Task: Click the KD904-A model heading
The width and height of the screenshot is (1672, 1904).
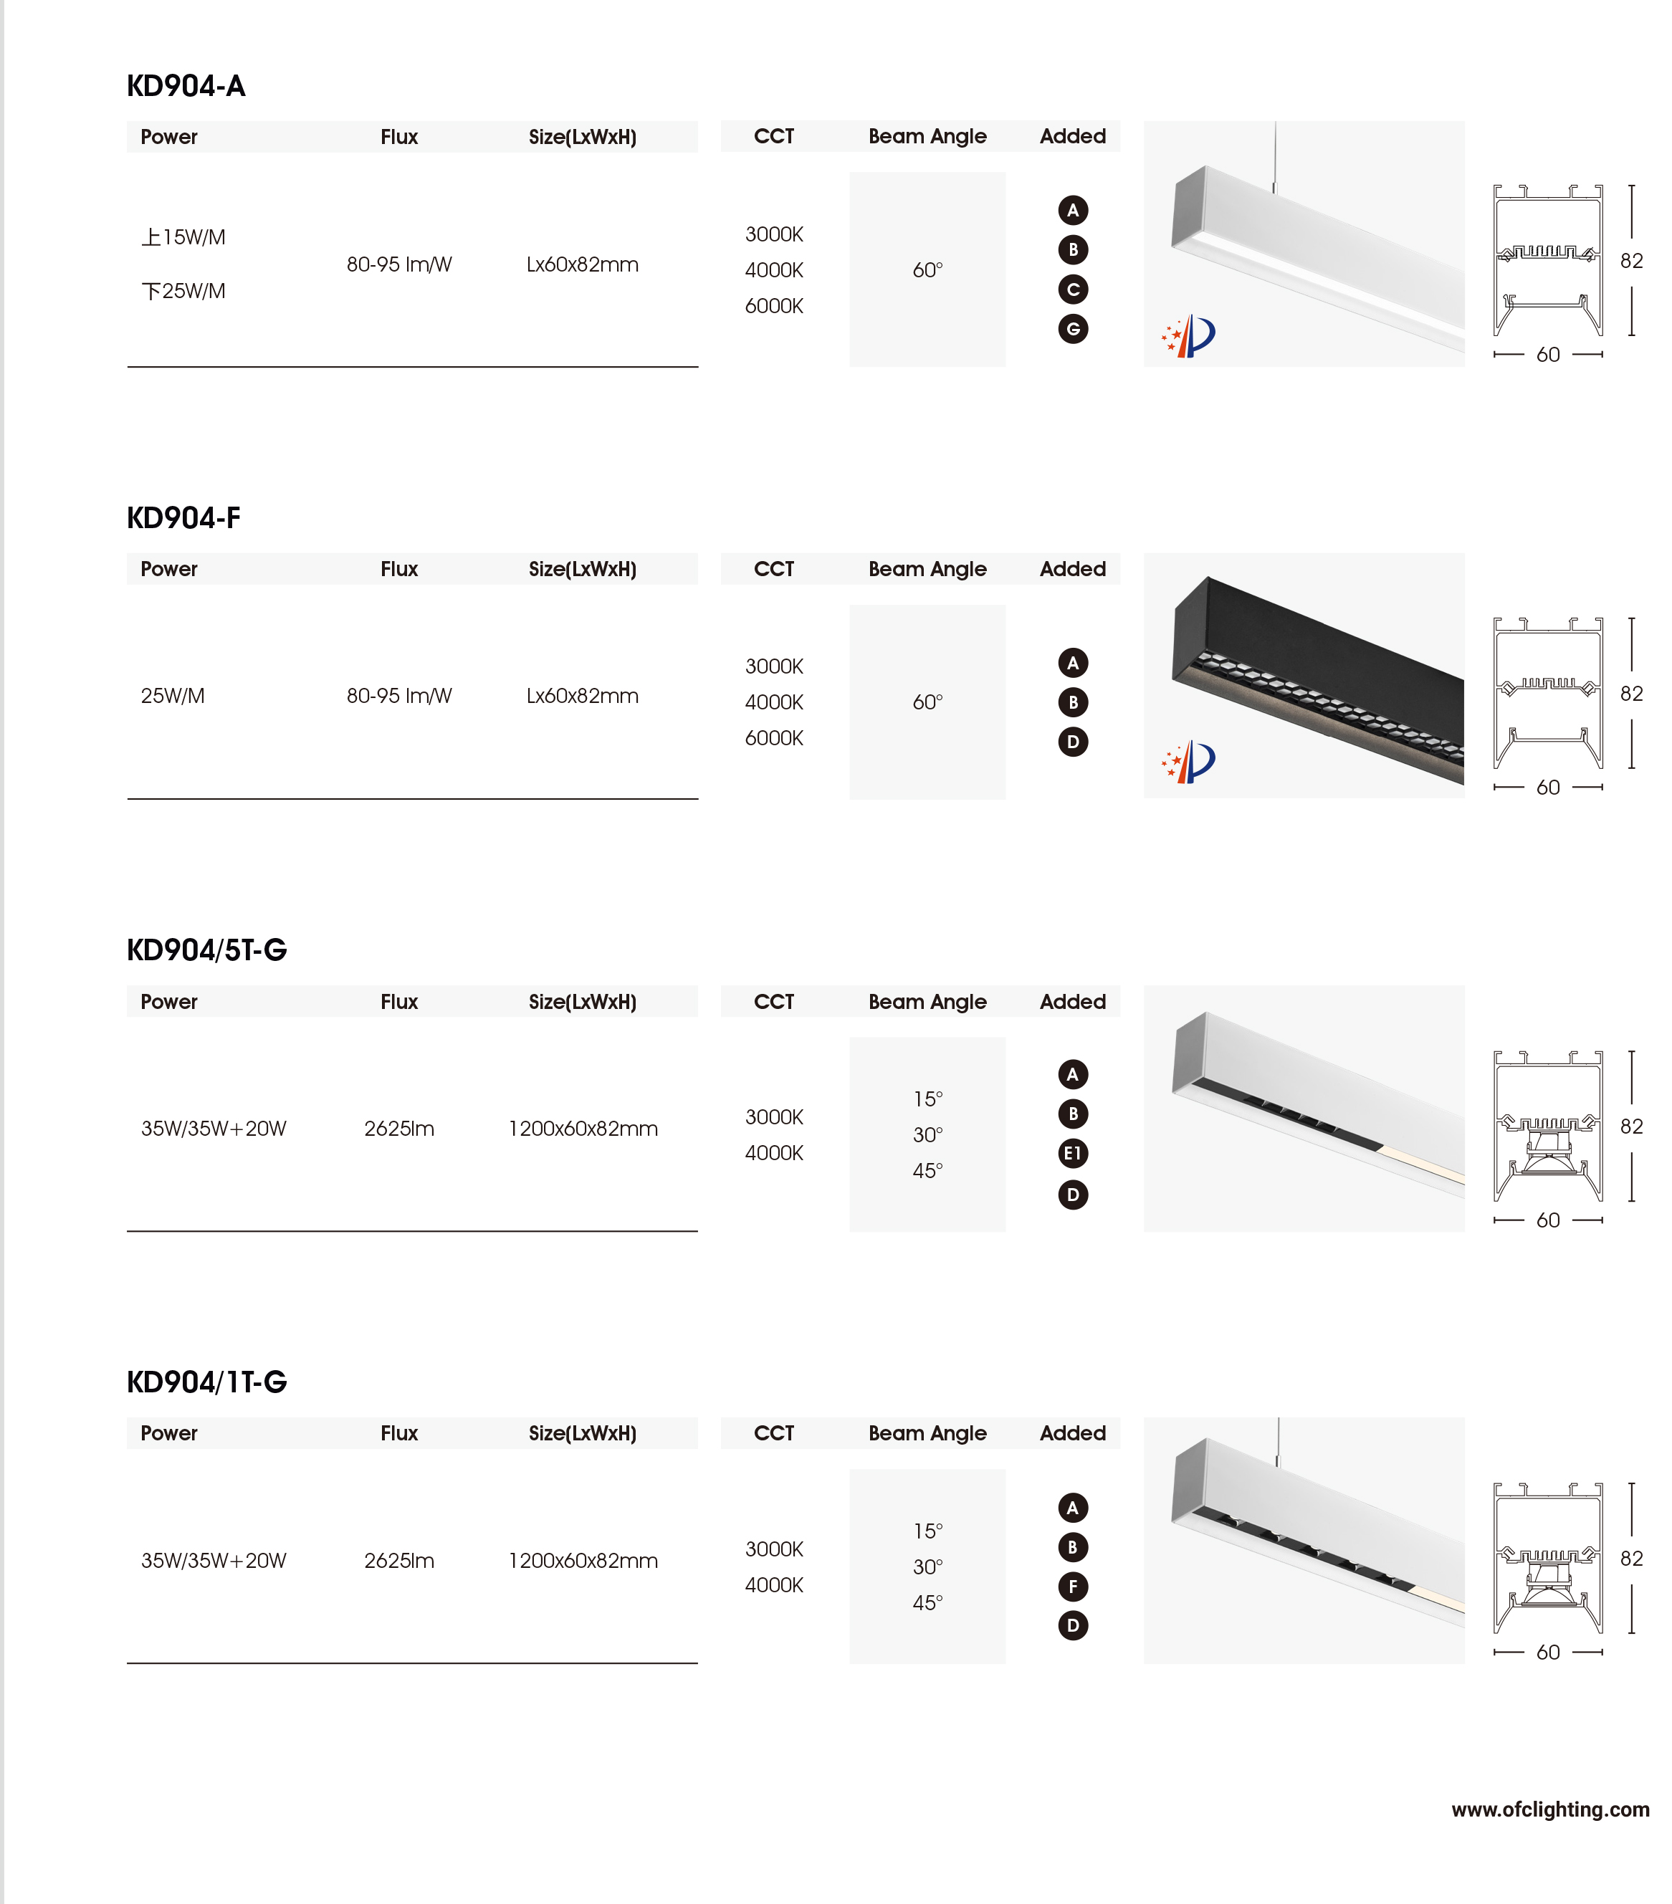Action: pyautogui.click(x=186, y=87)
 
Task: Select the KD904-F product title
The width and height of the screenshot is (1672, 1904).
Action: pyautogui.click(x=183, y=518)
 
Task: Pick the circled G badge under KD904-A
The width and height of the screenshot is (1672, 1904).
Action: pyautogui.click(x=1072, y=329)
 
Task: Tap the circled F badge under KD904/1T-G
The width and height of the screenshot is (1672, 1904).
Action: pyautogui.click(x=1072, y=1587)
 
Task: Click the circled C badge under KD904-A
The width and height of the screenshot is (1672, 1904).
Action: pyautogui.click(x=1072, y=290)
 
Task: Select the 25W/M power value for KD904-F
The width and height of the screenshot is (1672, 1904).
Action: pyautogui.click(x=172, y=696)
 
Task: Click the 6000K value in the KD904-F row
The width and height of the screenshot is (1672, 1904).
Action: pyautogui.click(x=773, y=738)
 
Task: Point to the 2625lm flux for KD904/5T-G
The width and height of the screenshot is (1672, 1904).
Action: pyautogui.click(x=398, y=1129)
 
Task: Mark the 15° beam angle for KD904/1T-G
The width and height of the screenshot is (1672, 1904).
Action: pyautogui.click(x=927, y=1531)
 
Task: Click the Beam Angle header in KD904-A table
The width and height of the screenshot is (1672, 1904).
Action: pyautogui.click(x=927, y=137)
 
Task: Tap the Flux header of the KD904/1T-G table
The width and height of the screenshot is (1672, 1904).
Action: pyautogui.click(x=398, y=1434)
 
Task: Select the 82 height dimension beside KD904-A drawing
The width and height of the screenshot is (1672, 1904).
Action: pyautogui.click(x=1630, y=261)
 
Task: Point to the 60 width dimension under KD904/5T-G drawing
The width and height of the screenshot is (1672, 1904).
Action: pyautogui.click(x=1547, y=1220)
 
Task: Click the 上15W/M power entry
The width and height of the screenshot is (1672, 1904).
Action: pyautogui.click(x=183, y=237)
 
